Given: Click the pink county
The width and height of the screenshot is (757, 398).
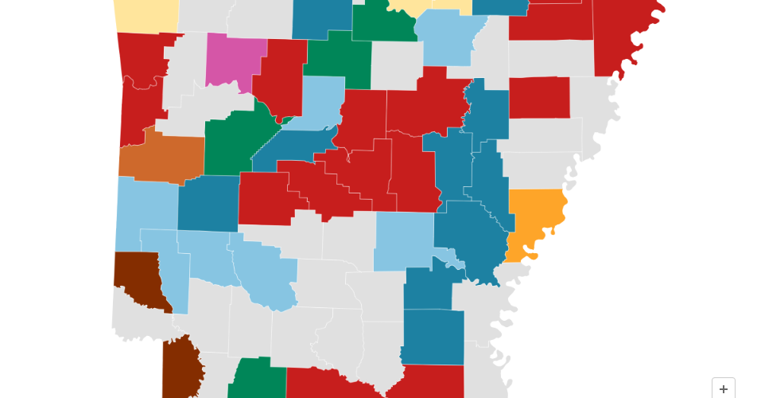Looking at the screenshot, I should [x=235, y=59].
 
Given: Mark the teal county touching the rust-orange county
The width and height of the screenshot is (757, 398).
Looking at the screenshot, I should [x=208, y=203].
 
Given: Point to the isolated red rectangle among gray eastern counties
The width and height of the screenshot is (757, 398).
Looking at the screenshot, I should [x=539, y=97].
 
